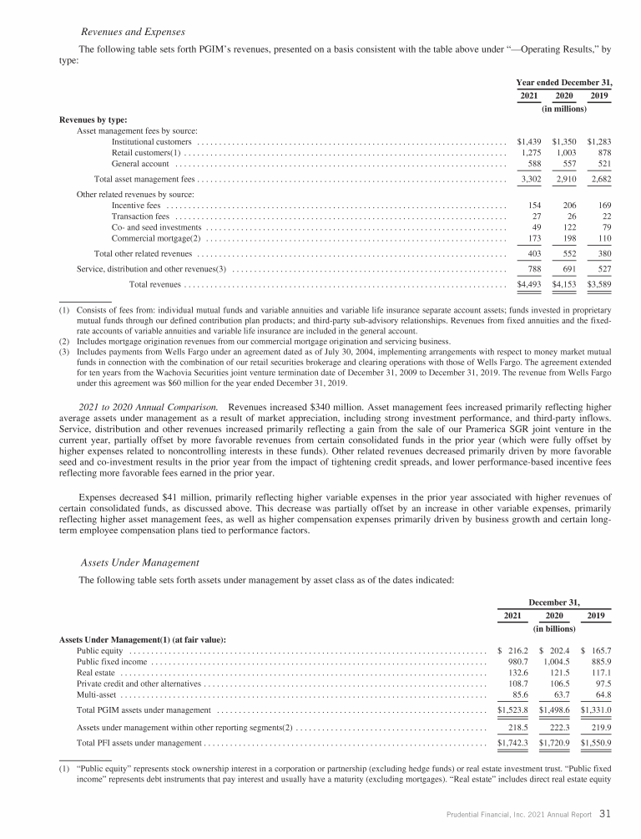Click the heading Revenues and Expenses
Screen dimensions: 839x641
tap(128, 32)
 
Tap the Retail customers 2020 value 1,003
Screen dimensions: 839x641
tap(566, 153)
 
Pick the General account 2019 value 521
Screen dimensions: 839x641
tap(603, 164)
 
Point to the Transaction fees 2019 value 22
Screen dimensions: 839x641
tap(606, 216)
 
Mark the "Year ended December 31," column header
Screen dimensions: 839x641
tap(564, 82)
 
